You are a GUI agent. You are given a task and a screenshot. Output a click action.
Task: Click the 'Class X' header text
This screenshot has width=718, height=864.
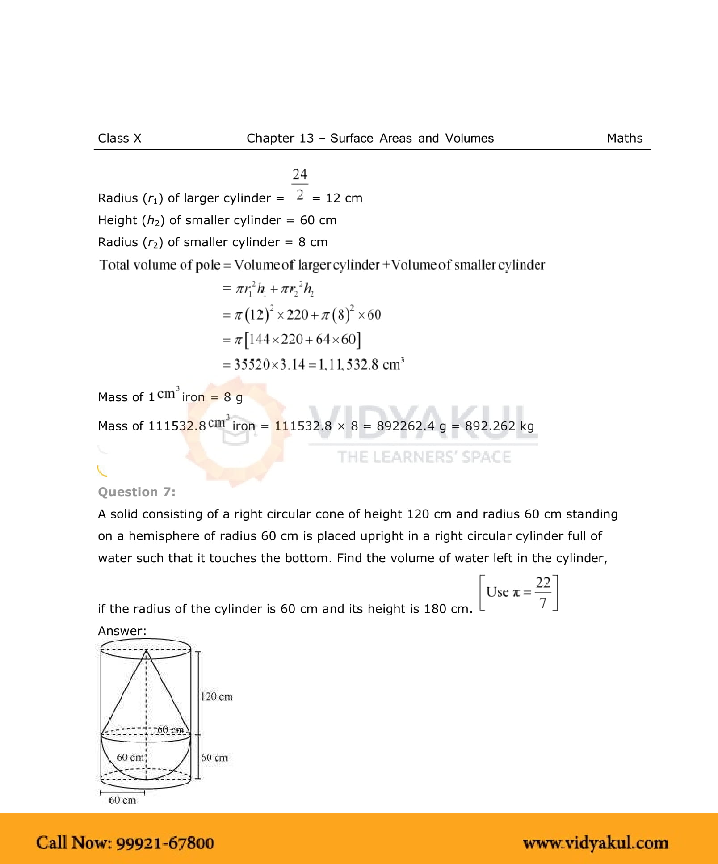coord(119,139)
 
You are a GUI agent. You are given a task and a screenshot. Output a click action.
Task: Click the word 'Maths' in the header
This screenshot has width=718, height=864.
coord(624,139)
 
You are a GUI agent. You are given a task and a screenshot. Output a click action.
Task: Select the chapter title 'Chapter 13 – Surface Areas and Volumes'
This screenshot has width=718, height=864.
coord(370,139)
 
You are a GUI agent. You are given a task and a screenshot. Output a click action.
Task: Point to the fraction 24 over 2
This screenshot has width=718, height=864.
coord(300,184)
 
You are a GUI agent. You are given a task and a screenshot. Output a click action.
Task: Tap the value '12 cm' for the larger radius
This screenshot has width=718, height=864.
coord(344,198)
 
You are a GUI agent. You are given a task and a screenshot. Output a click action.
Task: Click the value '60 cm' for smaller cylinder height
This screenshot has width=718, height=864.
coord(318,220)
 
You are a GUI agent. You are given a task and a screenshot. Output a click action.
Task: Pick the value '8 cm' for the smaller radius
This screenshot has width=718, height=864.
coord(313,242)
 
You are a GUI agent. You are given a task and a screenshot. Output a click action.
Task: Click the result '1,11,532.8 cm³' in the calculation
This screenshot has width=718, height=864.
coord(361,365)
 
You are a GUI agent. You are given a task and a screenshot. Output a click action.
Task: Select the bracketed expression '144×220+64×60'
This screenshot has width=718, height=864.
coord(302,340)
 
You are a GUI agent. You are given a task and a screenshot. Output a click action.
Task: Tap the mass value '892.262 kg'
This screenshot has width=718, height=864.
coord(499,426)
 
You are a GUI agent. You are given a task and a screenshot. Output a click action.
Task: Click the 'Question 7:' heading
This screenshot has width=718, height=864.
coord(137,492)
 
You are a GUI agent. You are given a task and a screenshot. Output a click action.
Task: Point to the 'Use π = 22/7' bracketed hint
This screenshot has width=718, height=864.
coord(518,593)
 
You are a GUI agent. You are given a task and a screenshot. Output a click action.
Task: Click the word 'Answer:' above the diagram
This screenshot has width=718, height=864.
coord(122,631)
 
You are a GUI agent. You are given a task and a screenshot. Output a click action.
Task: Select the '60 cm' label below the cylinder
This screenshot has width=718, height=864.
coord(122,800)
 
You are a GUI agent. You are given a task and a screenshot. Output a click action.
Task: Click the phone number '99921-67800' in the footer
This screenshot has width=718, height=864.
coord(165,843)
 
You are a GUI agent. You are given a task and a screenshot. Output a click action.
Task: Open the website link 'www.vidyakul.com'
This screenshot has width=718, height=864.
coord(596,843)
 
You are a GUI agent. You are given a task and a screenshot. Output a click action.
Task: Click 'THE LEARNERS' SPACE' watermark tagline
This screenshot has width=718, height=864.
coord(424,457)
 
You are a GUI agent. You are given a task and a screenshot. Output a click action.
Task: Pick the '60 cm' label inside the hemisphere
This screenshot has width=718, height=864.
coord(130,757)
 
